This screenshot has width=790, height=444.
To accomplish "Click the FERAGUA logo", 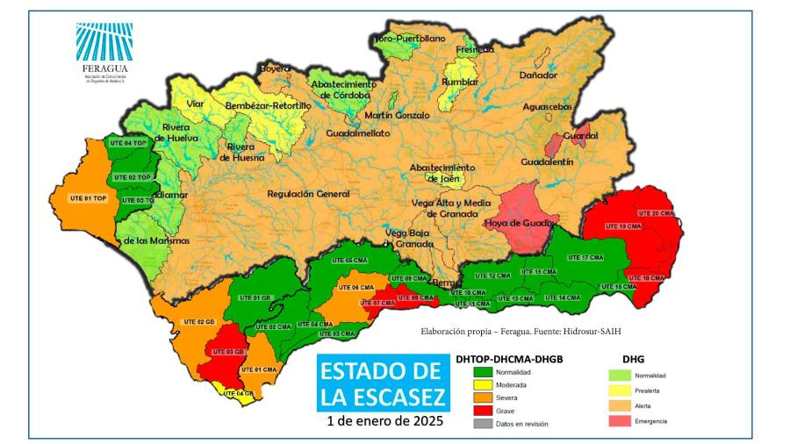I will coord(104,52).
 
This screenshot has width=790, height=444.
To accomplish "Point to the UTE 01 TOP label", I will coord(87,198).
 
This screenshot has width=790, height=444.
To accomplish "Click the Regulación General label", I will coord(301,193).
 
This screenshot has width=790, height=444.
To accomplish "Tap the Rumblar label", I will coord(459,82).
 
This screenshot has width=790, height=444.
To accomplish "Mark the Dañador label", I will coord(538,76).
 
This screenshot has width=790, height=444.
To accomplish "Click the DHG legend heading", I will coord(634,359).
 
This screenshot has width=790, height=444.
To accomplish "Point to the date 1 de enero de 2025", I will coord(384,420).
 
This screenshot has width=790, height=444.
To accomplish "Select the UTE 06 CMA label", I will coord(351,288).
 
